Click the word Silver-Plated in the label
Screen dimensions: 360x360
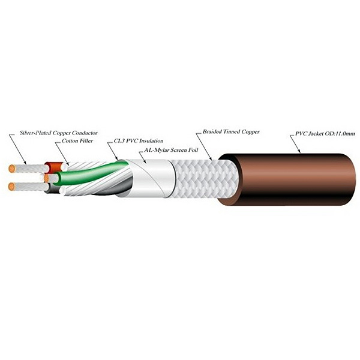pos(35,133)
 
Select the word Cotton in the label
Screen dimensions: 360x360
pos(70,141)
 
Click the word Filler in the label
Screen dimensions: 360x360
pos(86,141)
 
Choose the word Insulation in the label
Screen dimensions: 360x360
pos(151,141)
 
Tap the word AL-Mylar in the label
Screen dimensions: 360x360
pos(155,151)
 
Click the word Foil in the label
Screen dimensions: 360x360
pos(193,150)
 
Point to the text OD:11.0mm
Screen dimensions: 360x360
pos(340,133)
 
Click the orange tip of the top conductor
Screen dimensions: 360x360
pos(12,169)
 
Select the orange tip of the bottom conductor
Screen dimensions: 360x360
pos(11,187)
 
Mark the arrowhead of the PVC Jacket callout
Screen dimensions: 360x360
pos(299,151)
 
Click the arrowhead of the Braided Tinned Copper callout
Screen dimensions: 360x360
pos(211,158)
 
